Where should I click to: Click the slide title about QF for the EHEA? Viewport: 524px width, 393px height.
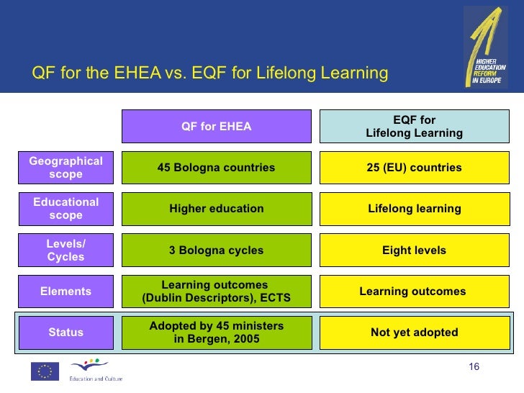point(210,73)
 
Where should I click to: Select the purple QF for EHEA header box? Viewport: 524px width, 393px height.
point(216,127)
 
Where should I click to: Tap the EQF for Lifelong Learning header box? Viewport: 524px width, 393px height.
point(414,127)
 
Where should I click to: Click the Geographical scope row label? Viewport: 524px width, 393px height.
point(65,168)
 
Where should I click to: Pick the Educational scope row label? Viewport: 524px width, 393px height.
point(65,209)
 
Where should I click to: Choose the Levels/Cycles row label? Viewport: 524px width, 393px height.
point(65,250)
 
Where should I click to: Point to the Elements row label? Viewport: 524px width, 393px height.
point(65,292)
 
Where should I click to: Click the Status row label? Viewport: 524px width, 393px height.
point(65,333)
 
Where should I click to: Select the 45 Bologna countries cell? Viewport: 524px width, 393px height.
point(216,168)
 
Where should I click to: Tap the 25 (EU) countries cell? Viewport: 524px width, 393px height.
point(414,168)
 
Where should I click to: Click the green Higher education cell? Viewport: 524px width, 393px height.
point(216,209)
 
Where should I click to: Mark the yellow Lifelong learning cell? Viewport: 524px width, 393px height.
point(414,209)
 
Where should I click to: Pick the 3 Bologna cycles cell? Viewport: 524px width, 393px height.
point(216,250)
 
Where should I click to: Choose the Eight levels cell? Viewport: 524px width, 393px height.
point(414,250)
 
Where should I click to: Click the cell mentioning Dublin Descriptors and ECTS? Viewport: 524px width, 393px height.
point(216,292)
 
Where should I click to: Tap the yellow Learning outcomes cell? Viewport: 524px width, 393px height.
point(414,292)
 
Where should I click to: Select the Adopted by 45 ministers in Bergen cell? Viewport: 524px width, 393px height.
point(216,333)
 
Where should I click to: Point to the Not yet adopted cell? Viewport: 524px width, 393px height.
point(414,333)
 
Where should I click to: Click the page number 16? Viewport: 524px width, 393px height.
point(474,368)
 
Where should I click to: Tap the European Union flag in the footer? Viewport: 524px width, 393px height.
point(45,371)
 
